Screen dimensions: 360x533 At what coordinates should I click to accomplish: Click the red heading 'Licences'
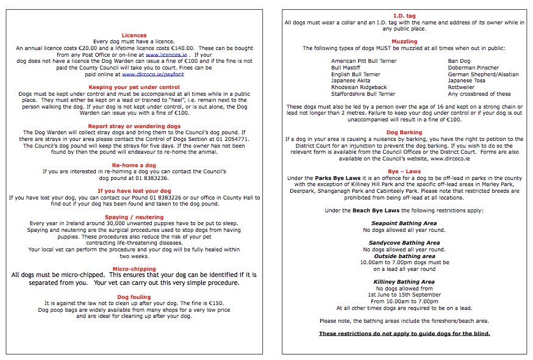[x=134, y=35]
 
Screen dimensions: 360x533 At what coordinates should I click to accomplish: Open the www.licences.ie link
[x=166, y=54]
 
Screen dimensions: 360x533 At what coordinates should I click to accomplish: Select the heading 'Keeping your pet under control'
[x=134, y=87]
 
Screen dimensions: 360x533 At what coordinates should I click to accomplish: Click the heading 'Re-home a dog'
[x=134, y=165]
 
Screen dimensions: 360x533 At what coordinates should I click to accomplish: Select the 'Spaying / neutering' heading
[x=134, y=217]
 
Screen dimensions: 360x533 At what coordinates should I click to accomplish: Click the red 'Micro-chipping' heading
[x=134, y=268]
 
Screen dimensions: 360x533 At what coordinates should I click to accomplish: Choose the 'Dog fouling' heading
[x=134, y=297]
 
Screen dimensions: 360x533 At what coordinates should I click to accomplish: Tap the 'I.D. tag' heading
[x=404, y=16]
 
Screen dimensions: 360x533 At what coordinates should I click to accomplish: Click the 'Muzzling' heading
[x=404, y=41]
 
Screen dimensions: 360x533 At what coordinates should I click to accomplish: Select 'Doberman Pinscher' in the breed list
[x=473, y=68]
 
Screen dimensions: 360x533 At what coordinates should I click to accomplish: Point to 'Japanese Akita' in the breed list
[x=351, y=81]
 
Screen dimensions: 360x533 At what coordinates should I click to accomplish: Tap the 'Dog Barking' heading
[x=404, y=132]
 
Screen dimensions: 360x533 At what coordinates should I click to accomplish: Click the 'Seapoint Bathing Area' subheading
[x=404, y=223]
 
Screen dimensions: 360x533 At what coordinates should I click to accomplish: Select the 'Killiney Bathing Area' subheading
[x=404, y=282]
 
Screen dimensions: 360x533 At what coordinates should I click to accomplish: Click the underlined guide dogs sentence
[x=404, y=334]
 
